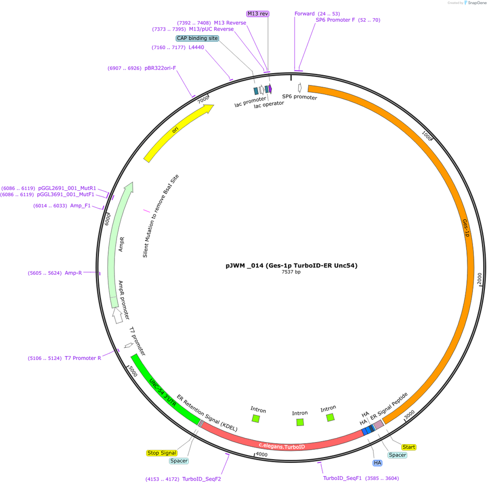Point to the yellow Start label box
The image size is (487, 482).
tap(408, 447)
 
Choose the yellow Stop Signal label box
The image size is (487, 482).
tap(162, 453)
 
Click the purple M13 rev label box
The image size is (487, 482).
tap(258, 13)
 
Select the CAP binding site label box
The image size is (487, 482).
tap(197, 38)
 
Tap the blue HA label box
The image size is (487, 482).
tap(377, 463)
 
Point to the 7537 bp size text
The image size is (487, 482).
tap(291, 272)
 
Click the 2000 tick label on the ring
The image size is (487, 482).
tap(479, 278)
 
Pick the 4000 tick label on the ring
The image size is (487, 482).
tap(262, 455)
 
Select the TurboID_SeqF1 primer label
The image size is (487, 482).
tap(342, 478)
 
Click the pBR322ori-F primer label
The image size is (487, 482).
tap(160, 68)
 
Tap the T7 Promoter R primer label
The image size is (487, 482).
tap(82, 358)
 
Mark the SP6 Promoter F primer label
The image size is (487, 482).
tap(335, 20)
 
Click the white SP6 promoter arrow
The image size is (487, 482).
tap(300, 88)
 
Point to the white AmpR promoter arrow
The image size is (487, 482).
tap(117, 315)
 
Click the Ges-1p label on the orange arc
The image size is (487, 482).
tap(466, 228)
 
